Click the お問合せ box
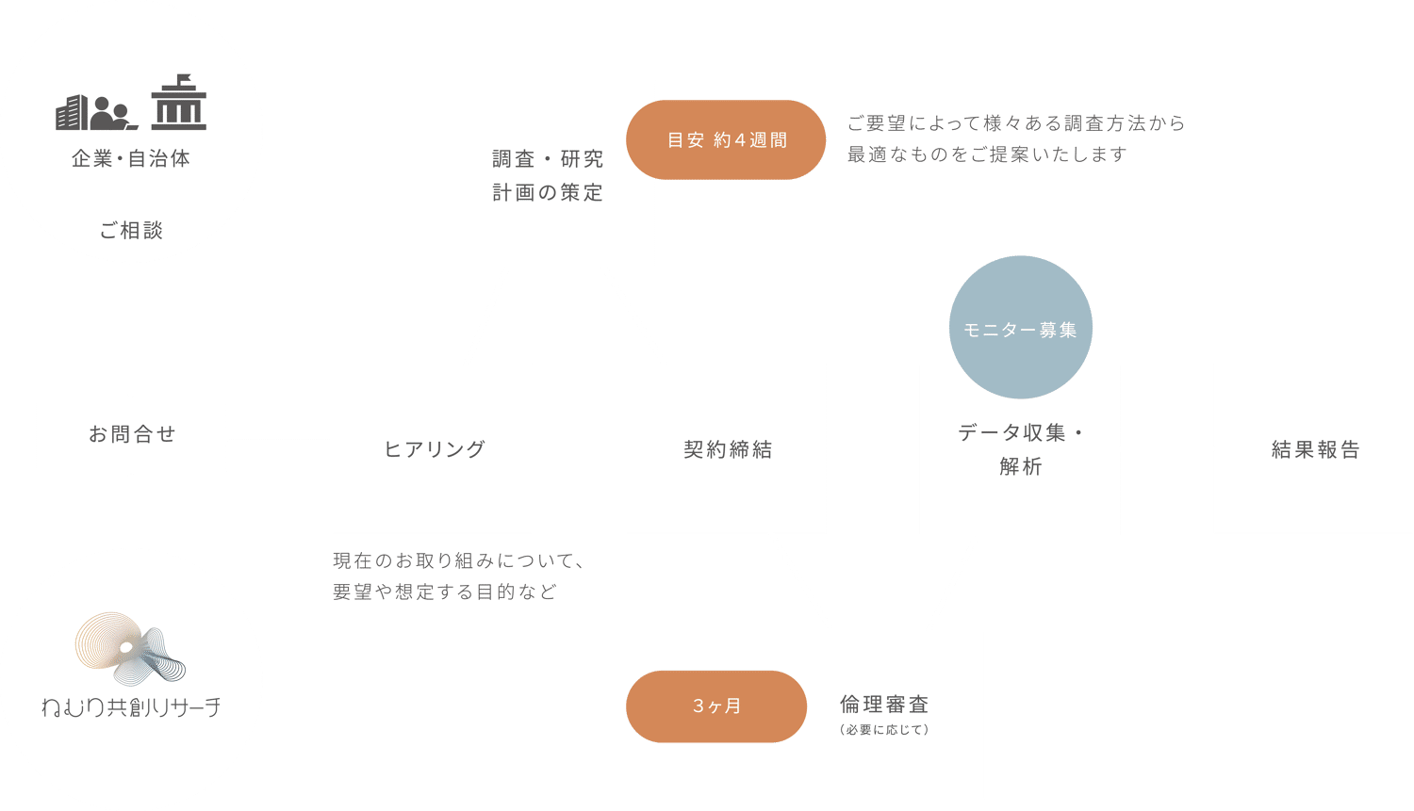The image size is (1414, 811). coord(131,434)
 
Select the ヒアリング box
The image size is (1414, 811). coord(433,449)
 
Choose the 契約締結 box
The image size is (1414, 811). coord(726,449)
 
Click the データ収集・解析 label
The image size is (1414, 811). coord(1020,449)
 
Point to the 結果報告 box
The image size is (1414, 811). coord(1314,449)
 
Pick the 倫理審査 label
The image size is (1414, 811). coord(884,705)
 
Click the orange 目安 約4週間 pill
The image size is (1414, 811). coord(726,140)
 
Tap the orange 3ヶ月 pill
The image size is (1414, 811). coord(716,706)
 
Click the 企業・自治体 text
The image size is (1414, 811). coord(131,159)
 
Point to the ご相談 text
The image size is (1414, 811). coord(131,230)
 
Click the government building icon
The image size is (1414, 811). coord(178,103)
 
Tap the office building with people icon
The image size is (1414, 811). coord(96,112)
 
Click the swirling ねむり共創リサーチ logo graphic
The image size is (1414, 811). coord(130,648)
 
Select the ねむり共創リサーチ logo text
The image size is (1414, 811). coord(131,706)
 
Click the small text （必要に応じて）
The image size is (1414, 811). coord(884,730)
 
